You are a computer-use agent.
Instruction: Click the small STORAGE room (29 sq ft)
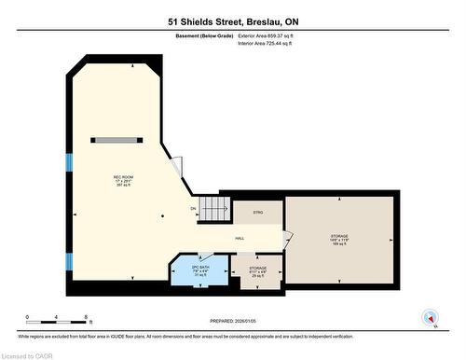257,270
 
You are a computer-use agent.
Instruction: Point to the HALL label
240,239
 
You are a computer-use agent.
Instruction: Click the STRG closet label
258,213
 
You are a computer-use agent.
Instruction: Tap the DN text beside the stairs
193,208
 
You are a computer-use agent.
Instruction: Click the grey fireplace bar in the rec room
118,140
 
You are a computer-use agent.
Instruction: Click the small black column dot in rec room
162,216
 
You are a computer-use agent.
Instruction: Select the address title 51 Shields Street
232,21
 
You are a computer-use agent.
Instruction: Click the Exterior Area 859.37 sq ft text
272,35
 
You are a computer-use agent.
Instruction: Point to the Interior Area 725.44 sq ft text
271,43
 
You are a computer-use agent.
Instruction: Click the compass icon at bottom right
431,316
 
